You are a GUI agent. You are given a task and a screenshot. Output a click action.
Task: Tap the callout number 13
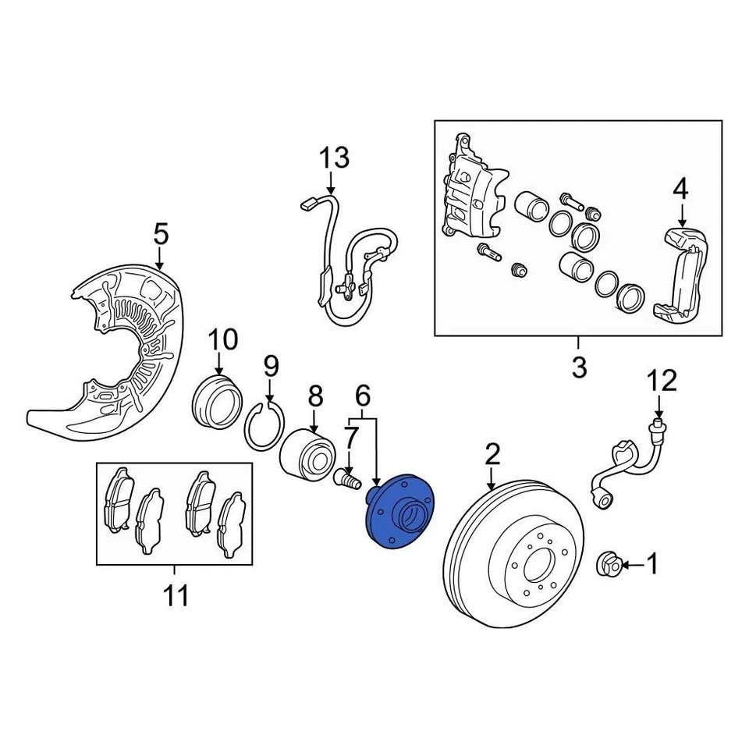[334, 159]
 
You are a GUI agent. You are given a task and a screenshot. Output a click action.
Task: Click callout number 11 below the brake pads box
[176, 597]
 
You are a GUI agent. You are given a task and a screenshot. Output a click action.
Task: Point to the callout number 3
[578, 367]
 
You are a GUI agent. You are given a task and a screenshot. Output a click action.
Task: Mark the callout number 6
[363, 397]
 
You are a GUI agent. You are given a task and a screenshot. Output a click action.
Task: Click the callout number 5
[160, 233]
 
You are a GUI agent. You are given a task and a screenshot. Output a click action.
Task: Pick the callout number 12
[661, 382]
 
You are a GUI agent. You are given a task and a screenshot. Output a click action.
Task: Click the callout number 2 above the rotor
[492, 453]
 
